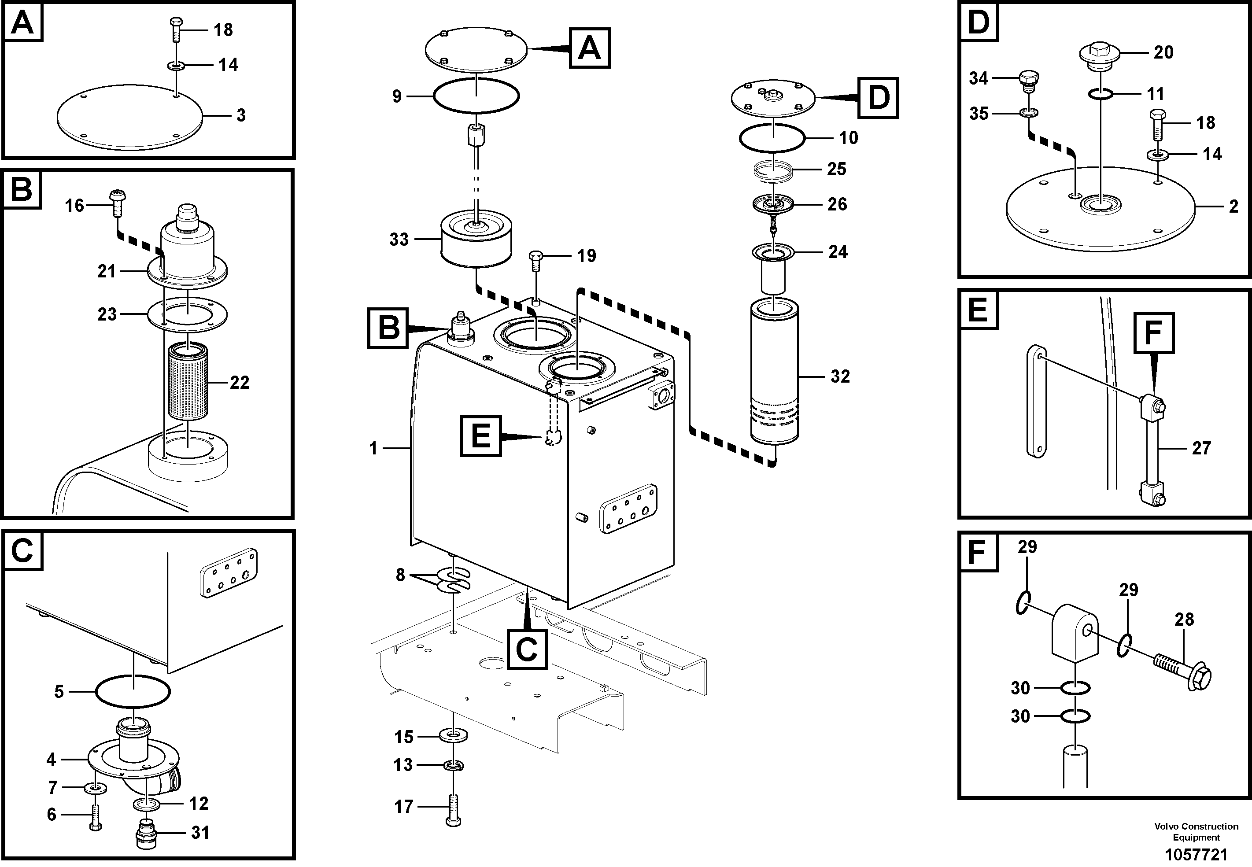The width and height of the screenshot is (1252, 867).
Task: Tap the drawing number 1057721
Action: [1196, 855]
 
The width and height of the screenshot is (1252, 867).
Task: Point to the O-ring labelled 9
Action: [476, 96]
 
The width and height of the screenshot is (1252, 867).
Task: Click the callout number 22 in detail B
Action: [239, 383]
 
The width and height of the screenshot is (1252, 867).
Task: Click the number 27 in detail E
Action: [1201, 448]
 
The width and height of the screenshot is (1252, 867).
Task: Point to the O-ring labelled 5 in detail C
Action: [133, 692]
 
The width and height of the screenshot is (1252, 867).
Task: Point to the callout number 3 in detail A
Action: [240, 115]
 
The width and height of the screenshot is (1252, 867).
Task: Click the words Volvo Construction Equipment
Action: [1196, 832]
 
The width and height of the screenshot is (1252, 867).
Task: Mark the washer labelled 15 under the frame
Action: [454, 736]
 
